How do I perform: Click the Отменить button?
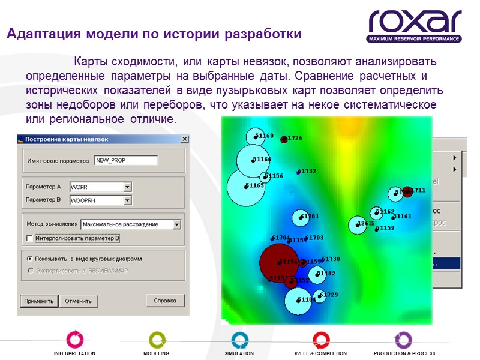[x=79, y=301]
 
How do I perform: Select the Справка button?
[x=165, y=301]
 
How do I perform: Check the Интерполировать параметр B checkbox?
[x=30, y=239]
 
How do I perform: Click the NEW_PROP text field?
[x=126, y=160]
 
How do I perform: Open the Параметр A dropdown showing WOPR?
[x=127, y=187]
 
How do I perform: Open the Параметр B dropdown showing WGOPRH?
[x=127, y=200]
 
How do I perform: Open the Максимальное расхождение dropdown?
[x=176, y=224]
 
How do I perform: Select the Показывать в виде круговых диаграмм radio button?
[x=29, y=259]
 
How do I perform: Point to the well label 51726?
[x=293, y=138]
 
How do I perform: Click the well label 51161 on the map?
[x=403, y=217]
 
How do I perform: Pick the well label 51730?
[x=331, y=259]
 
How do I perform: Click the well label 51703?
[x=314, y=238]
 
